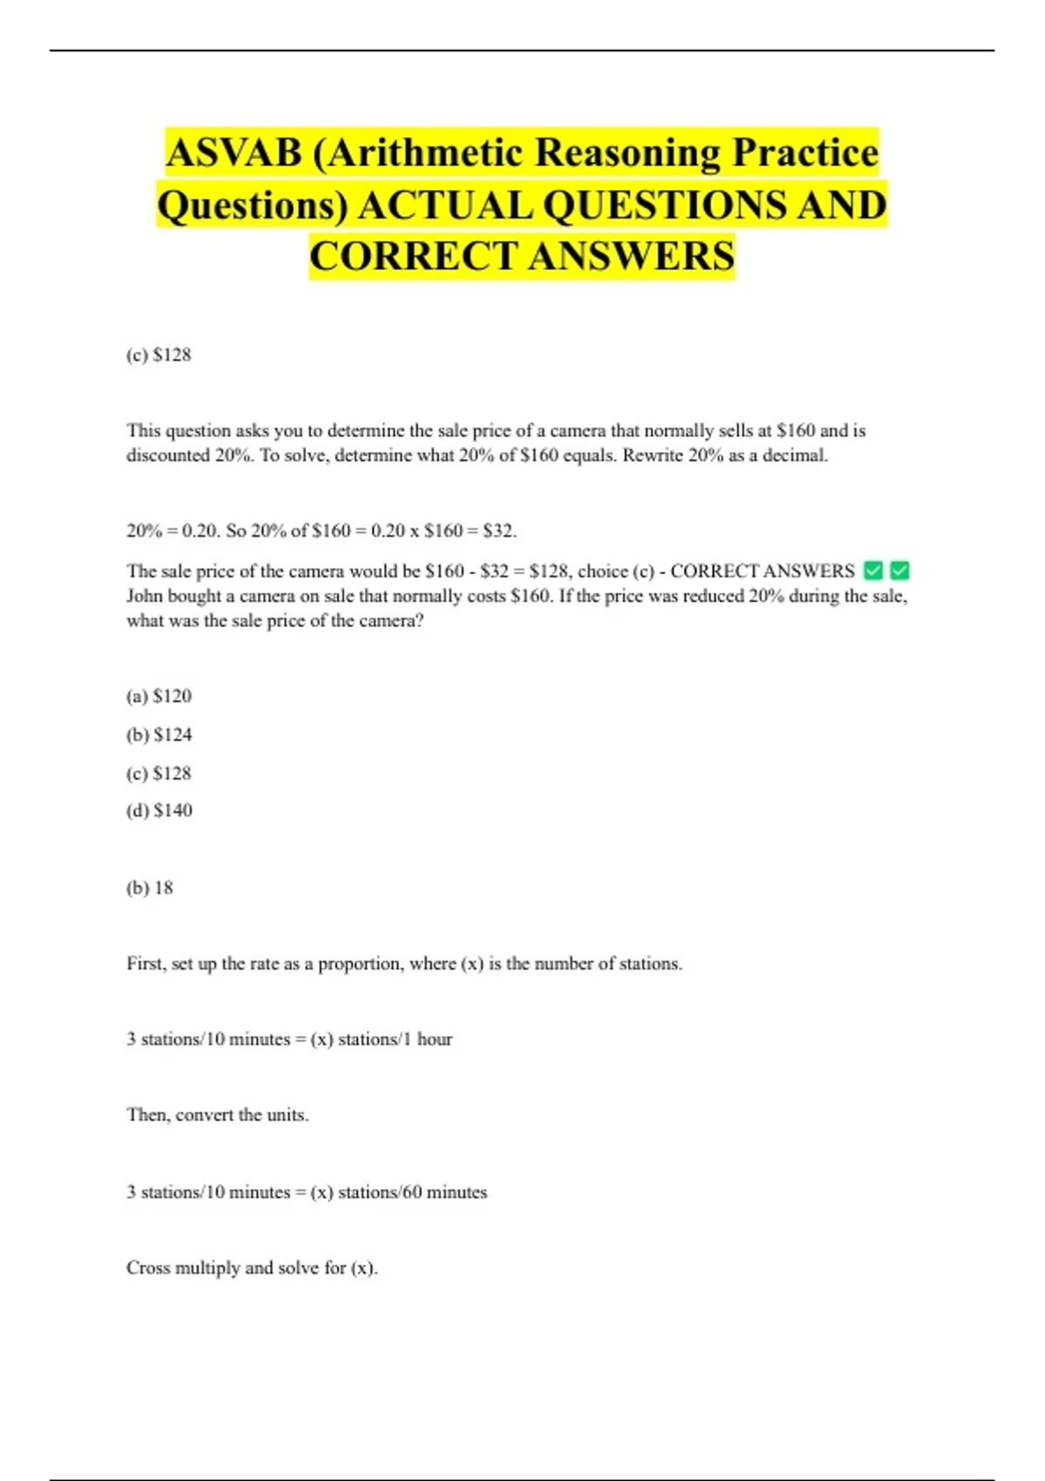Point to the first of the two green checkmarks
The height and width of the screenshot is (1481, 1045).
pos(873,571)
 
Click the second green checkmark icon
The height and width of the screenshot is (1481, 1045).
pos(900,571)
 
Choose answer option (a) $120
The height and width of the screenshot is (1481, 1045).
pos(158,696)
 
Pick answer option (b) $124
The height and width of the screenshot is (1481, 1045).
pos(158,735)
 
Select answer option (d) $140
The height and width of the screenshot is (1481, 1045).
pos(158,811)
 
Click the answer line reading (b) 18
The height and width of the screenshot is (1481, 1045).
pos(150,889)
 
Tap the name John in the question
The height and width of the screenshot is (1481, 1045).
pos(145,597)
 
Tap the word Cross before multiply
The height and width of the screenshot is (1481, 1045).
pos(148,1268)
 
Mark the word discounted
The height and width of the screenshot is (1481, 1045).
pos(168,456)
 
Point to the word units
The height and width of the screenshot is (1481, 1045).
pos(287,1115)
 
